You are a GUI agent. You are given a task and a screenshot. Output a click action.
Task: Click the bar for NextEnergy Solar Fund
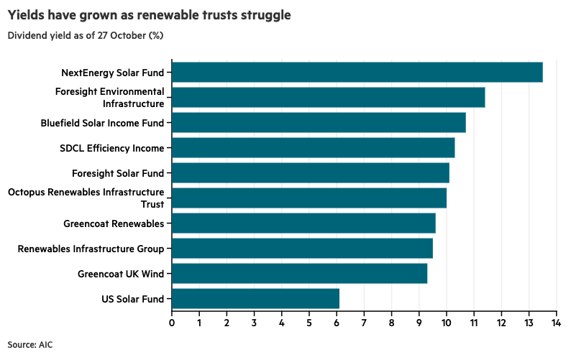[357, 73]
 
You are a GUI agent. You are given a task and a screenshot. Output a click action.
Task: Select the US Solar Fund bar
[255, 299]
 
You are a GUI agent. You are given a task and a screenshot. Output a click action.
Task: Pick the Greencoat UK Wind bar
[299, 274]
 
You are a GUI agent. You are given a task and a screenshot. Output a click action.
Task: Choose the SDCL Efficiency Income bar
[313, 148]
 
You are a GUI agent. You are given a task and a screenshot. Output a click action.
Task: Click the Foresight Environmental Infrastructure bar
[328, 98]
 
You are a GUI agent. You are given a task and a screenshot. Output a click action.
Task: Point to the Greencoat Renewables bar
[303, 223]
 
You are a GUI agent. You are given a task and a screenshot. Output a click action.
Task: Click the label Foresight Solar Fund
[118, 173]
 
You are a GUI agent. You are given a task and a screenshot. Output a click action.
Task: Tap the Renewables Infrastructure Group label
[91, 249]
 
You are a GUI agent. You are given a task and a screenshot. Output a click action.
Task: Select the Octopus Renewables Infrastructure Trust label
[86, 198]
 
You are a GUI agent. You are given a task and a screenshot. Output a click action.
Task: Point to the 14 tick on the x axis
[556, 323]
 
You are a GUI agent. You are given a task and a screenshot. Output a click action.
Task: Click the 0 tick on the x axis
[172, 323]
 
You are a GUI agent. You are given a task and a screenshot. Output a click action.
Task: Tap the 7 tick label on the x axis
[364, 323]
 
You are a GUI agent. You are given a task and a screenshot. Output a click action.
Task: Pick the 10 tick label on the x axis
[446, 323]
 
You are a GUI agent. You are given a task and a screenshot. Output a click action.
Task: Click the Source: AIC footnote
[30, 345]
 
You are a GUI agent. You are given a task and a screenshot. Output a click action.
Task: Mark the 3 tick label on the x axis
[255, 323]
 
